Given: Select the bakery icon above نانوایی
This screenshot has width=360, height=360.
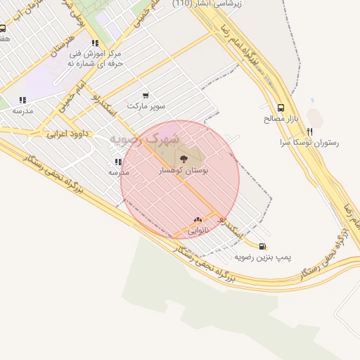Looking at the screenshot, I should pos(198,219).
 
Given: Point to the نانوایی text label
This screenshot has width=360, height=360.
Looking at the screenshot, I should pos(198,230).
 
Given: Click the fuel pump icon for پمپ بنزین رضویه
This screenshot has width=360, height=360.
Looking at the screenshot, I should pos(263,246).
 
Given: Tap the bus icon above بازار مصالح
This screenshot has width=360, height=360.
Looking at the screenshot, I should pos(281,108).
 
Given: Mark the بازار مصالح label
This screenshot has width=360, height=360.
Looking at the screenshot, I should pos(281,119).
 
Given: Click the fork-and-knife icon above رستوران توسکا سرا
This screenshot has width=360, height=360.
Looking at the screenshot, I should pos(309,131).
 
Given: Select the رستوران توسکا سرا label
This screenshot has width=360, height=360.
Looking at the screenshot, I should pos(309,142).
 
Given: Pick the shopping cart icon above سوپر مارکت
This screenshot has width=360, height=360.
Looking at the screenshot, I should pos(146,95).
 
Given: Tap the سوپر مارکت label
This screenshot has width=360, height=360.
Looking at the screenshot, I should pos(146,106).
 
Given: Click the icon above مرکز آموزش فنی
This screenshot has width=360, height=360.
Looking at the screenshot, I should pos(95,43).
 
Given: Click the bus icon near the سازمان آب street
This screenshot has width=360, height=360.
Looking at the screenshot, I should pos(3,29).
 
